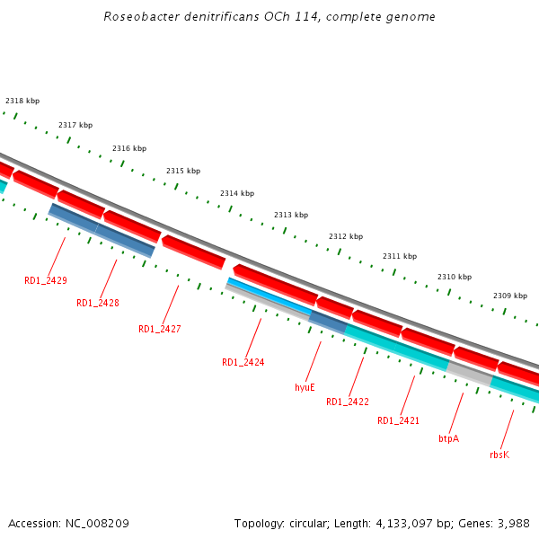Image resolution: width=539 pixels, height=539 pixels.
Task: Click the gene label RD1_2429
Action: [45, 280]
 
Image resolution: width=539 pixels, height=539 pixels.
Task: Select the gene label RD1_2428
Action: [98, 303]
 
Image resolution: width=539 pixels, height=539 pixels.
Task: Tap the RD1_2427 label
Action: [159, 329]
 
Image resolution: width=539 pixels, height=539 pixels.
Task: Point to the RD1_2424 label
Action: [243, 362]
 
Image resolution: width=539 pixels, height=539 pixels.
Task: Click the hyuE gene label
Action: [305, 387]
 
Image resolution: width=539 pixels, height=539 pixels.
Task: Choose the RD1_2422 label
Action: [347, 402]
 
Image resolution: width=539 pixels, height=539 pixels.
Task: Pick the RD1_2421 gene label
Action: [398, 420]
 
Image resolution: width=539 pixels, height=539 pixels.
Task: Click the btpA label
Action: [448, 438]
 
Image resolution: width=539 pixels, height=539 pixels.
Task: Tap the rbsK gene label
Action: [499, 455]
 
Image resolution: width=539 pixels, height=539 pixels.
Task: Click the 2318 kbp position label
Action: [22, 102]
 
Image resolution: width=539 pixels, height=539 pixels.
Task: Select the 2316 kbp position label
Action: [129, 148]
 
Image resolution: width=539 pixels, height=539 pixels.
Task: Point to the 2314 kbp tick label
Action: [237, 193]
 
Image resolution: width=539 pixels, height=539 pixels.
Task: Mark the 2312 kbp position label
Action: [346, 236]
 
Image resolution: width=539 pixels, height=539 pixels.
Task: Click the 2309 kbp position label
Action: [510, 296]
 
